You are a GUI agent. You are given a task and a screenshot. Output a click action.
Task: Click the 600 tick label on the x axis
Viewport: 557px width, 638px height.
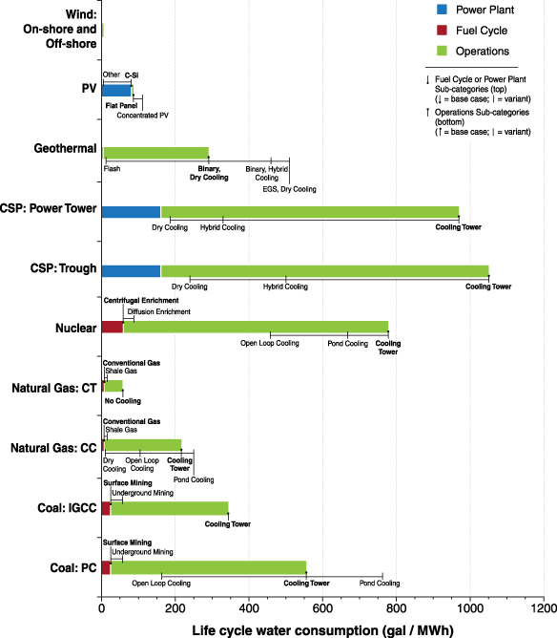[322, 607]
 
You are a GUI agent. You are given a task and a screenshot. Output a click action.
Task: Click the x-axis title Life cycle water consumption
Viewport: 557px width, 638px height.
[322, 629]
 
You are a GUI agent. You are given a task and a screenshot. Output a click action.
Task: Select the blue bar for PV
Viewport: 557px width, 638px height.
[116, 91]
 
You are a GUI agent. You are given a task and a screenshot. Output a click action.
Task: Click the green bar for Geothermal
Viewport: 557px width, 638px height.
[156, 153]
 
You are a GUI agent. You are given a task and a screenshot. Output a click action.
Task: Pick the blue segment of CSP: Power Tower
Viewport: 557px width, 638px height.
[131, 212]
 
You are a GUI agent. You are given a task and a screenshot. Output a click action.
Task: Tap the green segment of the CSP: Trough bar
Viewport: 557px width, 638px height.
[324, 270]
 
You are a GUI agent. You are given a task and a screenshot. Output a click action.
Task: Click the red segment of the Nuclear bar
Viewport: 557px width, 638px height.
[113, 328]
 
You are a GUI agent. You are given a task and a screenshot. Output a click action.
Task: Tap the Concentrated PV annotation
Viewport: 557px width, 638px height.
[143, 115]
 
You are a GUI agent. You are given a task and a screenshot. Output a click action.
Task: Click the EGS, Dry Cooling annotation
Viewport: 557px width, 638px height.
[289, 189]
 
